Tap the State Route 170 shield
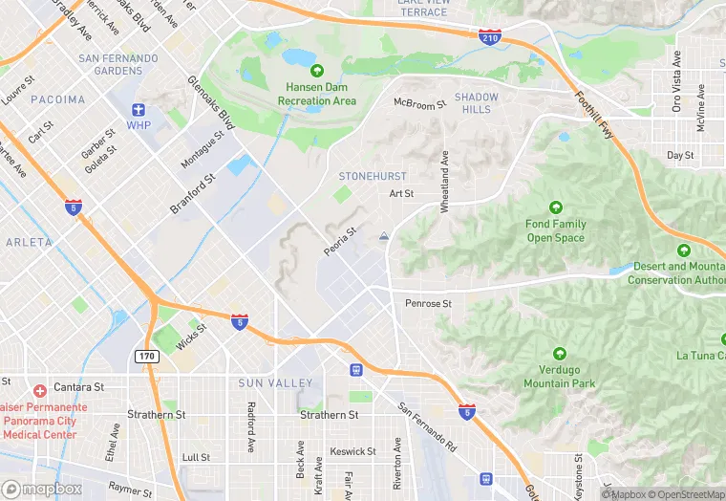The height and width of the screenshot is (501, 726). click(x=146, y=357)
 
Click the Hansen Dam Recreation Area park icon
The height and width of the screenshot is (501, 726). click(x=317, y=70)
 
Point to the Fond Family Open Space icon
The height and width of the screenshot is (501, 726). click(x=556, y=207)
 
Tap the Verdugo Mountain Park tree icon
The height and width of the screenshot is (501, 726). click(x=559, y=354)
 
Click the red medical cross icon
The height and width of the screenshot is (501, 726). click(x=39, y=390)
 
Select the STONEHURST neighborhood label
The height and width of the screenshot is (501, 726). click(x=373, y=176)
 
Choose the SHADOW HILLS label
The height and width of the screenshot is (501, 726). click(x=476, y=103)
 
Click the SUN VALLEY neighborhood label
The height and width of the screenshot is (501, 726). click(x=276, y=383)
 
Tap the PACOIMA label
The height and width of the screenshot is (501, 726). click(x=57, y=99)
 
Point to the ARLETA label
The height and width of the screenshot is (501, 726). click(x=29, y=243)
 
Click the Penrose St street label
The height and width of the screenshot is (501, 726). click(x=428, y=304)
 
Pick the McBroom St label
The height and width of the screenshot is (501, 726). click(x=419, y=103)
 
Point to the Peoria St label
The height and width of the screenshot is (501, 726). click(x=340, y=241)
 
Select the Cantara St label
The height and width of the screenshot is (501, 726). click(x=79, y=387)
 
